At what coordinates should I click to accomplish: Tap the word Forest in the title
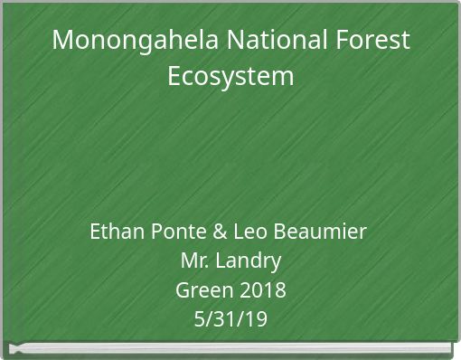[x=378, y=41]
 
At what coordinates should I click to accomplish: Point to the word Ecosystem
[x=230, y=75]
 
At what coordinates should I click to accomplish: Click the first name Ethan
[x=116, y=232]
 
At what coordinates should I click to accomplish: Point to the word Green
[x=201, y=290]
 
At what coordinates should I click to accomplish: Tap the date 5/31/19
[x=230, y=319]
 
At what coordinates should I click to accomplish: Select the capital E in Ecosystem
[x=174, y=75]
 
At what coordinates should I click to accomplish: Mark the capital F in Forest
[x=353, y=41]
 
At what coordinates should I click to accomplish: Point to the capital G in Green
[x=182, y=290]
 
